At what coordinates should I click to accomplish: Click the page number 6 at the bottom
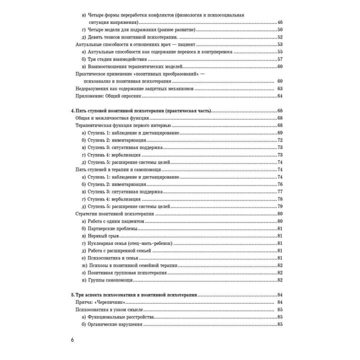tap(73, 341)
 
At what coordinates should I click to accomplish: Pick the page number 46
tap(280, 23)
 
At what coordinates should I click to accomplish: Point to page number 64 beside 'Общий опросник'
tap(280, 96)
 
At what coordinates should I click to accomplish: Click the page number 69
tap(280, 133)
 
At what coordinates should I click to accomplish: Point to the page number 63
tap(280, 88)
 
